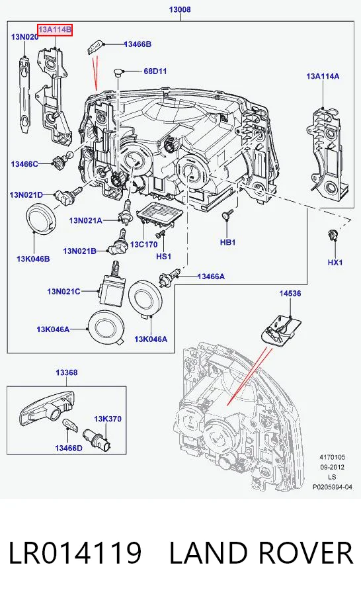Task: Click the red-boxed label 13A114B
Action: click(x=54, y=29)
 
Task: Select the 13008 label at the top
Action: click(x=180, y=9)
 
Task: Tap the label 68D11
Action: click(x=155, y=71)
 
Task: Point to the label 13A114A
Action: click(x=323, y=76)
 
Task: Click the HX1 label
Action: click(x=335, y=263)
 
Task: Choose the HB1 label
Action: click(x=227, y=242)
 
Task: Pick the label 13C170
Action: click(x=143, y=244)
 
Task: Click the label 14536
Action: click(x=290, y=293)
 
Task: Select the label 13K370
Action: click(x=108, y=419)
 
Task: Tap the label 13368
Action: click(x=66, y=372)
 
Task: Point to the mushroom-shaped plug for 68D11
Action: click(x=118, y=73)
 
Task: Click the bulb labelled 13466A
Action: click(x=169, y=277)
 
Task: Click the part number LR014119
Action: click(x=75, y=552)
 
